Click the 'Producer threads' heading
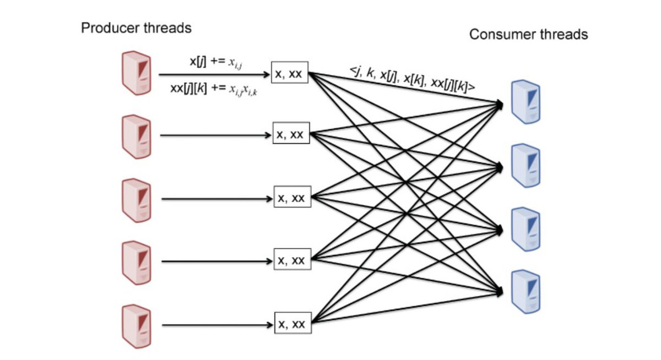(136, 28)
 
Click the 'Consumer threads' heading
(528, 35)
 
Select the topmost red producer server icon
(136, 72)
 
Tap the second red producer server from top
(136, 135)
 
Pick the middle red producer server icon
(136, 198)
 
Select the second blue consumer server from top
(525, 165)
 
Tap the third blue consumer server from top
(525, 228)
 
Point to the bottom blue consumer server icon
(525, 291)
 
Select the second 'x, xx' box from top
(291, 134)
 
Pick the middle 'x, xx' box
(292, 198)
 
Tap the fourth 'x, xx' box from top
(292, 260)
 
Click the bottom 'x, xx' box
(292, 324)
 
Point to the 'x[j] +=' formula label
(215, 62)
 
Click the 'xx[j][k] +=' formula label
(215, 89)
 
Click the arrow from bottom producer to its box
(218, 324)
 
